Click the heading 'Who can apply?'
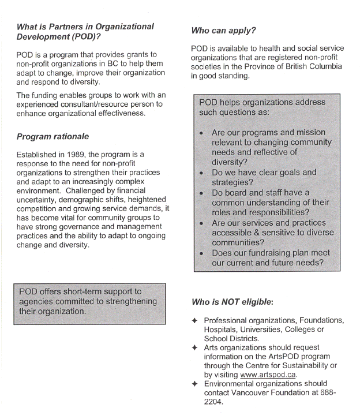[223, 30]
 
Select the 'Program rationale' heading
[52, 137]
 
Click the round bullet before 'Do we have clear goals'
[201, 173]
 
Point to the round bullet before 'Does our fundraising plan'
[201, 253]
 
